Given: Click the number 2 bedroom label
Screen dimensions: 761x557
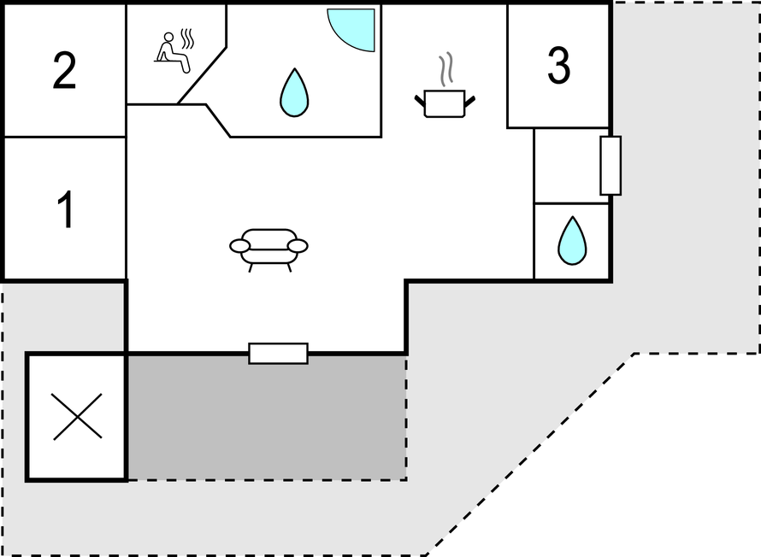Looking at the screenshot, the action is point(64,70).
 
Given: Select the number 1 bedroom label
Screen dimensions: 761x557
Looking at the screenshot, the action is point(66,209).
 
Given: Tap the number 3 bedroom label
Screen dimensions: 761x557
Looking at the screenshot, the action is point(558,66).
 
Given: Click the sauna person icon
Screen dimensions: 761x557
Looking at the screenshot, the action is point(172,53).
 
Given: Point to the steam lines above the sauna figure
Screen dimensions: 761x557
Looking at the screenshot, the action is point(187,38).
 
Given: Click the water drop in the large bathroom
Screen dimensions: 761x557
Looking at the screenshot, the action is point(294,92).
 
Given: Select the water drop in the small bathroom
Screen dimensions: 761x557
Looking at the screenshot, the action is point(572,241).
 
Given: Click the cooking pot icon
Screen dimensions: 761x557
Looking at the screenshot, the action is point(445,103).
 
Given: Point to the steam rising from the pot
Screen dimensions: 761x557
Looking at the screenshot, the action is point(446,69).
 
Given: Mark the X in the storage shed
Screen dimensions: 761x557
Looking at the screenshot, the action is point(77,417).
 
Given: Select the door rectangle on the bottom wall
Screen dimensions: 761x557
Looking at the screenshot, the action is point(278,354).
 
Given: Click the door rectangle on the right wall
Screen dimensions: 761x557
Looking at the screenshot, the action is point(611,166).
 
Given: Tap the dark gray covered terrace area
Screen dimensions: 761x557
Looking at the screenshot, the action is point(267,417).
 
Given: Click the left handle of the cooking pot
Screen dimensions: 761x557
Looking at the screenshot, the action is point(420,101).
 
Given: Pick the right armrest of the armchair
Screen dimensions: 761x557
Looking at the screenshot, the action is point(298,246).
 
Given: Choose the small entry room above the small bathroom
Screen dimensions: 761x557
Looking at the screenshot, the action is point(571,166).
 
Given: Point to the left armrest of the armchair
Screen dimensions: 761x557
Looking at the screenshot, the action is point(239,246).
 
